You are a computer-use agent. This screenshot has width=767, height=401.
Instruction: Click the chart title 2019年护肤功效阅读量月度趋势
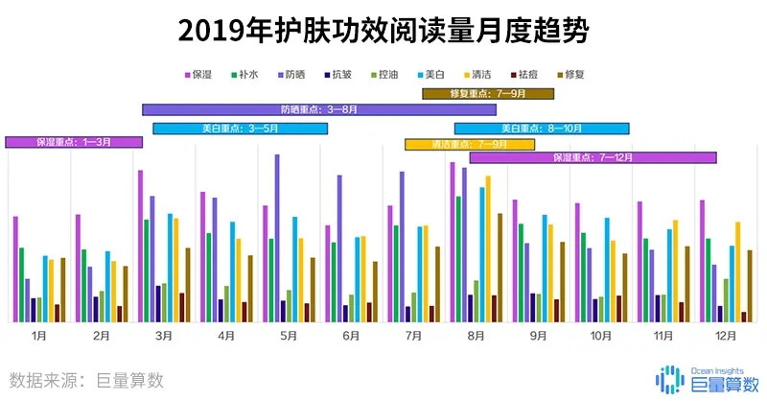pyautogui.click(x=383, y=30)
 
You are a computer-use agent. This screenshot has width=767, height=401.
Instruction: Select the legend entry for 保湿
pyautogui.click(x=198, y=74)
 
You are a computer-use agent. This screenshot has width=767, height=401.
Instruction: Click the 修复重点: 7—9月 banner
pyautogui.click(x=488, y=93)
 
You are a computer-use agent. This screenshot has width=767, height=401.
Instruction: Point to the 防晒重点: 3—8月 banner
pyautogui.click(x=319, y=109)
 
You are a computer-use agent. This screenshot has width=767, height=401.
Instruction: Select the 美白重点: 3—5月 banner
pyautogui.click(x=240, y=129)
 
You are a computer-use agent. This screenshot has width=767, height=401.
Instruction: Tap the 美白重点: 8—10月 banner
pyautogui.click(x=542, y=129)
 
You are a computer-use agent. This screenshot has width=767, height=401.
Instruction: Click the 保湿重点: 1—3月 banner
pyautogui.click(x=74, y=142)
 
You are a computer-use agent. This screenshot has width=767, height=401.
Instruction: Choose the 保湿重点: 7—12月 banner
pyautogui.click(x=593, y=157)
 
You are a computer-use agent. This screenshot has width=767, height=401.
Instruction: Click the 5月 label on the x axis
pyautogui.click(x=289, y=336)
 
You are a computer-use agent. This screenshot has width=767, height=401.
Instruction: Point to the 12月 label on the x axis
pyautogui.click(x=726, y=336)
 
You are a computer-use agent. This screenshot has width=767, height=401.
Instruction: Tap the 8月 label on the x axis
pyautogui.click(x=476, y=336)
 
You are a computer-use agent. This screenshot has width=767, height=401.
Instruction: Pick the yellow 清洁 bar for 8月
pyautogui.click(x=488, y=248)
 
